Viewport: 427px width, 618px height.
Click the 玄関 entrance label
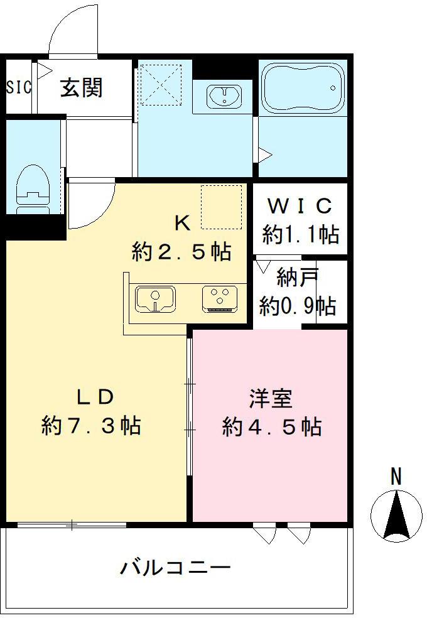81,87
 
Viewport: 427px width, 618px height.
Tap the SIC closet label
18,87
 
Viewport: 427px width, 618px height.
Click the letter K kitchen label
181,222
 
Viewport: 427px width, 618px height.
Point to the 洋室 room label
271,397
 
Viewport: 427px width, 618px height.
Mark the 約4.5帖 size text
272,426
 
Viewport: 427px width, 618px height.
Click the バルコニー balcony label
175,569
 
